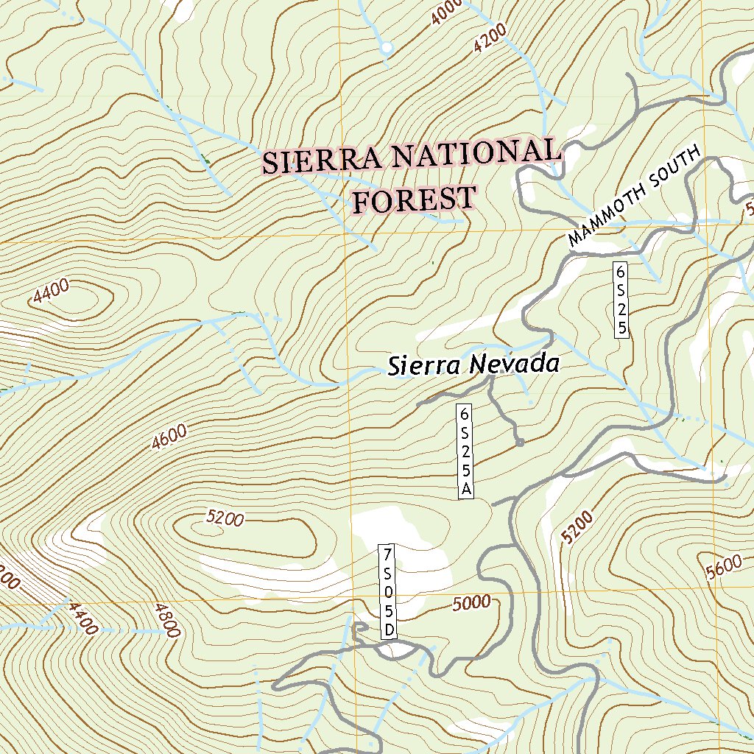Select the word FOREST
(414, 200)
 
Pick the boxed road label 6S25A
(465, 451)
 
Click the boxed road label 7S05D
(388, 592)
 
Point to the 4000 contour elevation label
(446, 11)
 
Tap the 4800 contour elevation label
(167, 619)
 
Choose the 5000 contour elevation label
(471, 602)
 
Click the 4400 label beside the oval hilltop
(52, 293)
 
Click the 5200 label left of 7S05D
(225, 518)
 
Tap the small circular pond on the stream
(386, 49)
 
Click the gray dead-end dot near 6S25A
(520, 443)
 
